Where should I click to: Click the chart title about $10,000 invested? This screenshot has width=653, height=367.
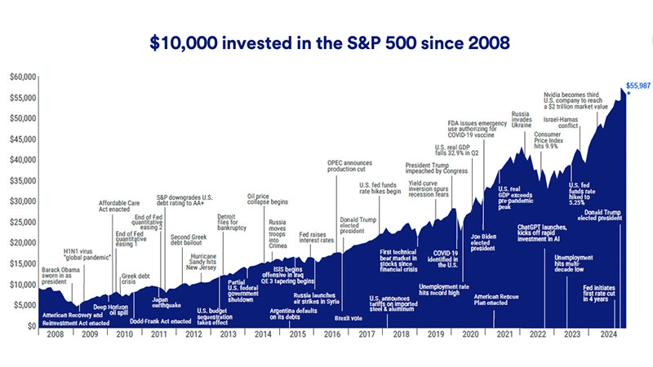[x=326, y=43]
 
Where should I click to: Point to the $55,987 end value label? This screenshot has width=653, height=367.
[x=636, y=85]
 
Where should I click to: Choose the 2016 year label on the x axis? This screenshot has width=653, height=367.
[x=332, y=335]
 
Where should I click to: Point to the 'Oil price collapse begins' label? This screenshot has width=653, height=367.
[x=269, y=201]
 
